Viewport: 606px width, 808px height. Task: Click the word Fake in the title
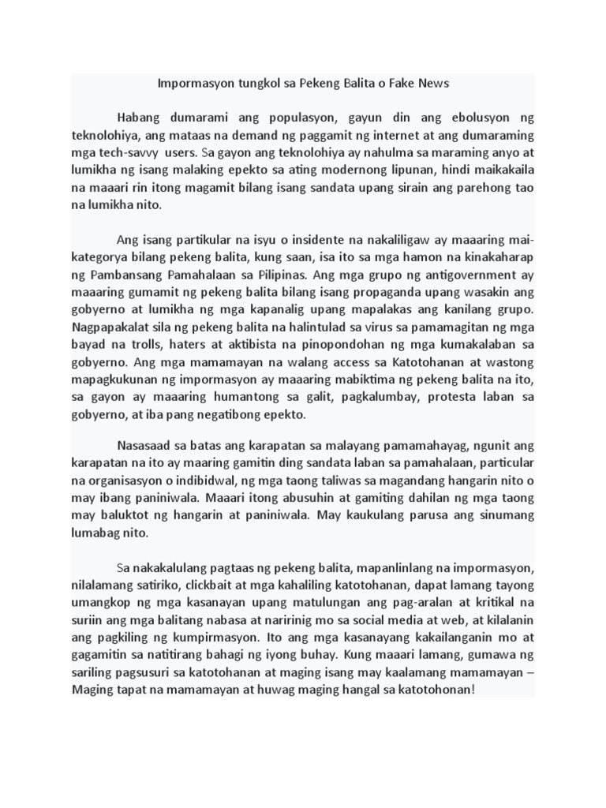tap(398, 83)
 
